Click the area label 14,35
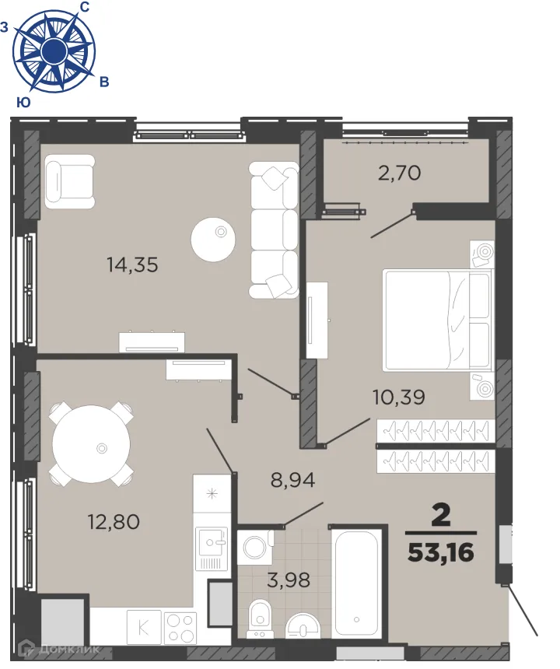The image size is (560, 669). coord(132,264)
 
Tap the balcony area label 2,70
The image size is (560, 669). coord(399,173)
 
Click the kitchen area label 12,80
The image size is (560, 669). coord(114,522)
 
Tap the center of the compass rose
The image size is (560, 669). coord(53,52)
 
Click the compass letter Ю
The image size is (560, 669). coord(23,102)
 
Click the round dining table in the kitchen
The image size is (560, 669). coord(91,443)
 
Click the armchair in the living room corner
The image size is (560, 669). coord(68,180)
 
